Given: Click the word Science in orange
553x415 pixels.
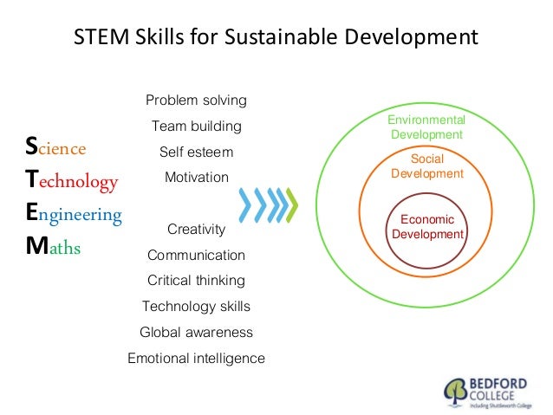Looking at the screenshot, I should pos(56,148).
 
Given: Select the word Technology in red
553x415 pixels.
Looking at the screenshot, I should pos(72,180).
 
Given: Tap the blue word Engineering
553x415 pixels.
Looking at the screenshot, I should pos(74,213).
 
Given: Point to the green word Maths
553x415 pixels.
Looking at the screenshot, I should pos(54,248).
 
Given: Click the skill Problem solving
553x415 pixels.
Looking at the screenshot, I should pos(196,101).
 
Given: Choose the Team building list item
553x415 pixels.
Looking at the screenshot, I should pos(196,126).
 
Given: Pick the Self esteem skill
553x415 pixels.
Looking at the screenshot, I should pos(196,152).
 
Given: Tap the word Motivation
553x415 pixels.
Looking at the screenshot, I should pos(196,178).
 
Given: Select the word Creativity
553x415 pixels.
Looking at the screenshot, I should pos(196,230).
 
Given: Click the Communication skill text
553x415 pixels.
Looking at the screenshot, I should pos(196,256).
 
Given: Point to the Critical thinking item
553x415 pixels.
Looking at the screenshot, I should pos(196,281).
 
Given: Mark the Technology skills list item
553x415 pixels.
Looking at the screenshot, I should pos(196,307).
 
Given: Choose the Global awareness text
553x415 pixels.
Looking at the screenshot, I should pos(196,333).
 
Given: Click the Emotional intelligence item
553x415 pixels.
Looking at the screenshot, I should pos(196,359).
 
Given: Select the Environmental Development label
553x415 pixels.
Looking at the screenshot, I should pos(426,127).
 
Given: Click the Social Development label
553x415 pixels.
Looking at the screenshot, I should pos(426,166).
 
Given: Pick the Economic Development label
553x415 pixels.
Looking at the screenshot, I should pos(427,227).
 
